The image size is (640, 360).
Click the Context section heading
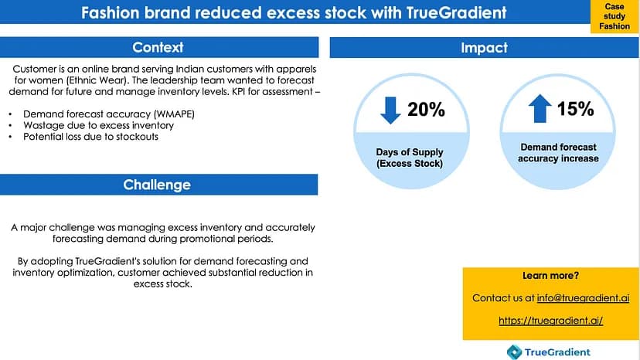click(158, 48)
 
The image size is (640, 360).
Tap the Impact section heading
click(484, 48)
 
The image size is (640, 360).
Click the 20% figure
click(427, 110)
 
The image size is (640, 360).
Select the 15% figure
click(575, 109)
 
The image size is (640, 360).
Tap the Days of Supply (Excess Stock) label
click(410, 158)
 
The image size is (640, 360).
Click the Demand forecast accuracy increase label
click(559, 152)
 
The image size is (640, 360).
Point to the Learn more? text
click(550, 276)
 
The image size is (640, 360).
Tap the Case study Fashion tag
click(615, 16)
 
